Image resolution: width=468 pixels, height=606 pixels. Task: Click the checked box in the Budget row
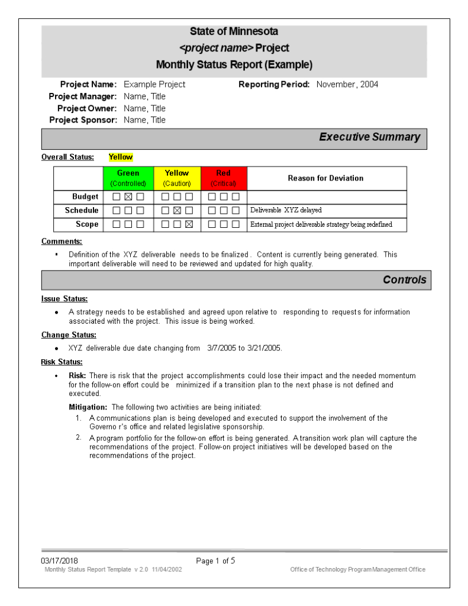(128, 196)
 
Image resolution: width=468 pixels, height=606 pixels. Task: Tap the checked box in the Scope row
(189, 224)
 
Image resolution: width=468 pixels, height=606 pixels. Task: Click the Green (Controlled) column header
(128, 178)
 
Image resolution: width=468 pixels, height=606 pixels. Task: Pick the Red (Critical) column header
(224, 178)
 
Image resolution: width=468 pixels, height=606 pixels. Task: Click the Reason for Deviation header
(325, 178)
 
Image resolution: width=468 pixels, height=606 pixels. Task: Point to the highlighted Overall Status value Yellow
(121, 157)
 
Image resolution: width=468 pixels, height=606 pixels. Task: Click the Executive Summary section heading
(369, 137)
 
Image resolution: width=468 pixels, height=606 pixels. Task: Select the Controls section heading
(404, 280)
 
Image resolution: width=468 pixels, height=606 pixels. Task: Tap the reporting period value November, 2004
(347, 85)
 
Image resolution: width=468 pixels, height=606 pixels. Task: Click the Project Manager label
(83, 96)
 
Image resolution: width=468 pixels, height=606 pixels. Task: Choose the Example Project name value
(154, 85)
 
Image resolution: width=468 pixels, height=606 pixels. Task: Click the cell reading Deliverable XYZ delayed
(286, 210)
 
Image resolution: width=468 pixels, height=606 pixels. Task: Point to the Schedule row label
(82, 210)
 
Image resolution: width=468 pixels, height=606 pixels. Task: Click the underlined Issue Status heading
(64, 299)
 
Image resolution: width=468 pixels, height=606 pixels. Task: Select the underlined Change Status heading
(69, 335)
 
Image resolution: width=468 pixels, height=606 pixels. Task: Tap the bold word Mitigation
(88, 407)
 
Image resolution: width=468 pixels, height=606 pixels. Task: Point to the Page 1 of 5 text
(216, 561)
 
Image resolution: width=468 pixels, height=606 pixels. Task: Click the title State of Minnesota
(234, 31)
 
